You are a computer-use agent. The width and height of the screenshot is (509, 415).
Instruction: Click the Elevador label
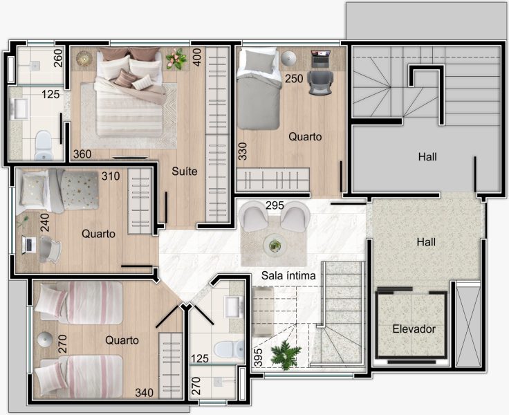[414, 329]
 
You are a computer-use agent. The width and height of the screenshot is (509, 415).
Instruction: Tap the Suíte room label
[185, 171]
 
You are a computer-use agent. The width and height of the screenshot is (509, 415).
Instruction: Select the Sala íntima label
[288, 276]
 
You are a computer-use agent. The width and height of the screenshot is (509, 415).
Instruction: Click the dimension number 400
[197, 57]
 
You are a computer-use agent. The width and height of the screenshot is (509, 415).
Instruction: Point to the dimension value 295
[275, 205]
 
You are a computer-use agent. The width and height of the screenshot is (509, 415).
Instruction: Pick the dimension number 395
[258, 358]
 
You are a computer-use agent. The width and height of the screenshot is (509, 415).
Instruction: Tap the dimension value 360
[82, 154]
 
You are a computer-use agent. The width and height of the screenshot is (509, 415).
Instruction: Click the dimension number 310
[111, 176]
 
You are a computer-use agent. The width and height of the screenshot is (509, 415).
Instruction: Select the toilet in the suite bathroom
[44, 145]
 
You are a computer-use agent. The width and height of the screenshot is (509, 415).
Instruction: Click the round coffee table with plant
[275, 245]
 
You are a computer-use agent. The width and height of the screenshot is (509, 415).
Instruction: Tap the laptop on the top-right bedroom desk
[320, 59]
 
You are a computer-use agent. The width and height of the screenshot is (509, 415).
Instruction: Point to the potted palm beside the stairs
[286, 355]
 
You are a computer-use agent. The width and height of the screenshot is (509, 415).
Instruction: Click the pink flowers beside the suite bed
[176, 59]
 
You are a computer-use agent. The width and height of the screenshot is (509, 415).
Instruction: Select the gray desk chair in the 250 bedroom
[320, 83]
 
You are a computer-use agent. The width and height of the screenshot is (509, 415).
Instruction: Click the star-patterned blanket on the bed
[80, 190]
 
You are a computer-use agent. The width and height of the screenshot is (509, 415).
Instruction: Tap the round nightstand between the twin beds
[45, 340]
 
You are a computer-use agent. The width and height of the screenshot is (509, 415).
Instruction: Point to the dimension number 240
[45, 223]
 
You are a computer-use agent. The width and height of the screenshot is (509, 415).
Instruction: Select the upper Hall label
[427, 157]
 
